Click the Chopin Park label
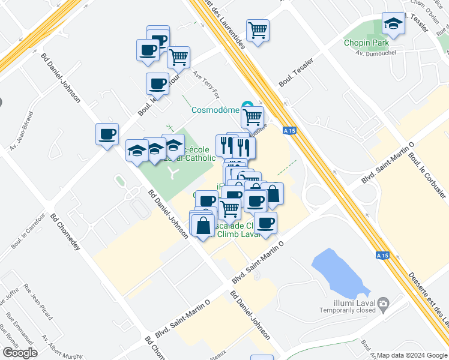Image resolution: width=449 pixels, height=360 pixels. pyautogui.click(x=366, y=43)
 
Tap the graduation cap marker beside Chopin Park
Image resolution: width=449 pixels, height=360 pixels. pyautogui.click(x=393, y=25)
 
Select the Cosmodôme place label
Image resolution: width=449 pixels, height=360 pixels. pyautogui.click(x=215, y=110)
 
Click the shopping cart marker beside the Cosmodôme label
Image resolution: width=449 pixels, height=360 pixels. pyautogui.click(x=253, y=116)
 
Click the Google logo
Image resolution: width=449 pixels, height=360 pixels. pyautogui.click(x=20, y=353)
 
